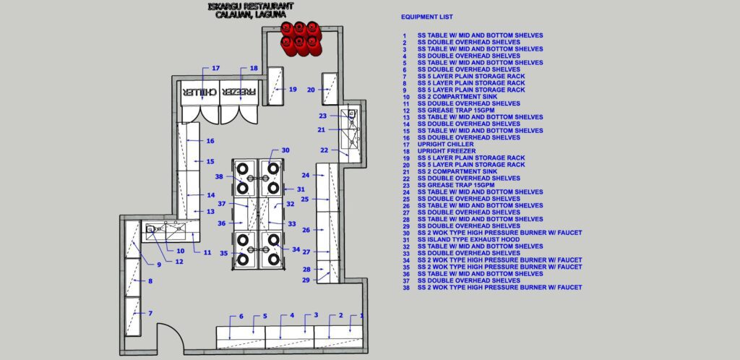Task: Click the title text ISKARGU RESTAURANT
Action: pos(246,7)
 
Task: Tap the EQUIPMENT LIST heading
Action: pos(427,17)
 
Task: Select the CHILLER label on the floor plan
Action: pos(198,93)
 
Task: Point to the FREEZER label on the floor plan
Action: pos(238,93)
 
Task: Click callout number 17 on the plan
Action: pos(215,68)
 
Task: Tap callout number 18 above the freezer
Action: pos(254,68)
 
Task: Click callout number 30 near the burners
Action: pos(285,150)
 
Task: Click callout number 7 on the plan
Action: pos(150,313)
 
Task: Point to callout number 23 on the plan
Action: pos(322,116)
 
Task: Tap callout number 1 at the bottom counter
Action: pos(362,316)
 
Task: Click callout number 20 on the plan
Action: pos(311,90)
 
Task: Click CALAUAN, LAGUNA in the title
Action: pos(246,14)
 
